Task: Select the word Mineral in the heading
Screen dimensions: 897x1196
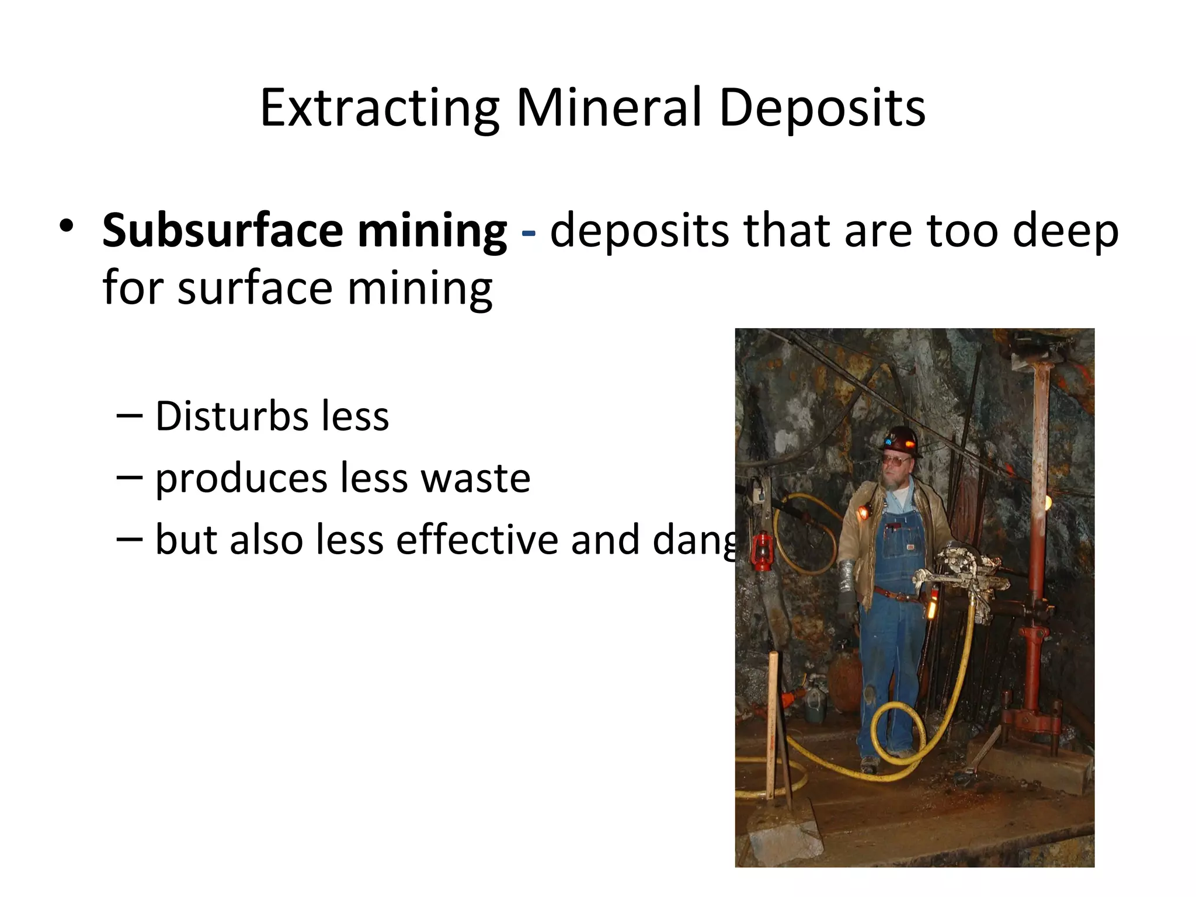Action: click(x=609, y=108)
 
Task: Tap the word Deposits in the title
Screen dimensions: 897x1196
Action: click(x=822, y=108)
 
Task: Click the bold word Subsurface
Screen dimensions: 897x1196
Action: click(x=222, y=231)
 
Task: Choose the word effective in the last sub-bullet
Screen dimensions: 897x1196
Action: click(x=477, y=540)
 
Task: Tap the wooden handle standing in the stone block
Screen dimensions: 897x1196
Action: click(x=774, y=730)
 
